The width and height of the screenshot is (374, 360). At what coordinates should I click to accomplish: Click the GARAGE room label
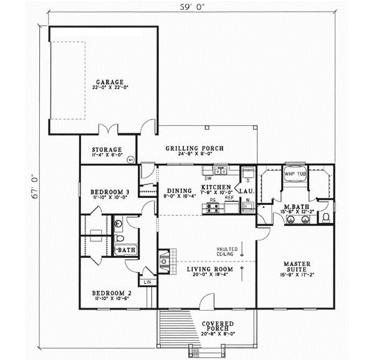coord(109,82)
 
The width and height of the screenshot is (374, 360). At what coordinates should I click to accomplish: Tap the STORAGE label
coord(106,149)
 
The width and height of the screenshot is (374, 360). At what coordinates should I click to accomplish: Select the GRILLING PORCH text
coord(194,148)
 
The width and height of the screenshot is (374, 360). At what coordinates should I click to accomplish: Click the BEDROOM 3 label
coord(110,191)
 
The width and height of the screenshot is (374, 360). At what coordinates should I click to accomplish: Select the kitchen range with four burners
coord(216,209)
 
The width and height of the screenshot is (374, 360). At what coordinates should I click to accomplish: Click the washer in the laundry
coord(247,207)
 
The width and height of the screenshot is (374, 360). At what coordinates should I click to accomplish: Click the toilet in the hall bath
coord(120,224)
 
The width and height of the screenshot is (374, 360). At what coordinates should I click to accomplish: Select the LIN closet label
coord(148,282)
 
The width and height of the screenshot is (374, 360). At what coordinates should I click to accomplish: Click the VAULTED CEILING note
coord(225,250)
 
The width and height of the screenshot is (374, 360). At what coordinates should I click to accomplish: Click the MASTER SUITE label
coord(295,266)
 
